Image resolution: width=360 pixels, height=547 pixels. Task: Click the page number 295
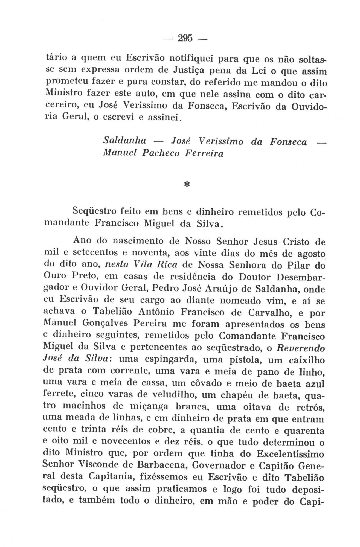coord(185,38)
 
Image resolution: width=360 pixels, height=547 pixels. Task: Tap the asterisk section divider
coord(187,185)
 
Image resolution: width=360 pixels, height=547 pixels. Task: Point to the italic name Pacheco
coord(160,153)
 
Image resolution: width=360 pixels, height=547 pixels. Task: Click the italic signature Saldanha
coord(124,141)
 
